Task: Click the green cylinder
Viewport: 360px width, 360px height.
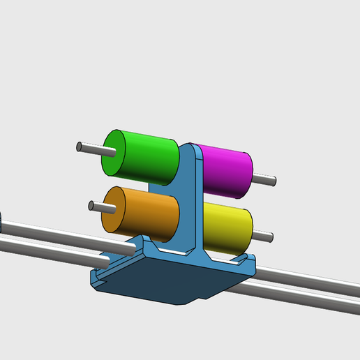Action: (x=150, y=156)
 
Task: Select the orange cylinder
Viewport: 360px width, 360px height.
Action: (x=150, y=213)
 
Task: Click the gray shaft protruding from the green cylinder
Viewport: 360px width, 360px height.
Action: (x=91, y=148)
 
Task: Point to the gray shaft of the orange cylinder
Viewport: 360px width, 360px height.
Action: (x=98, y=207)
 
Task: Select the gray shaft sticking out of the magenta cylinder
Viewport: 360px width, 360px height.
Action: (x=264, y=181)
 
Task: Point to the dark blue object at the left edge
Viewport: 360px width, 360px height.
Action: (x=1, y=223)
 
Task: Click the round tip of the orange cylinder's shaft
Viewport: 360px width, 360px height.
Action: (x=91, y=205)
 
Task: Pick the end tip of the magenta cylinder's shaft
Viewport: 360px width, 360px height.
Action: (x=275, y=182)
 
